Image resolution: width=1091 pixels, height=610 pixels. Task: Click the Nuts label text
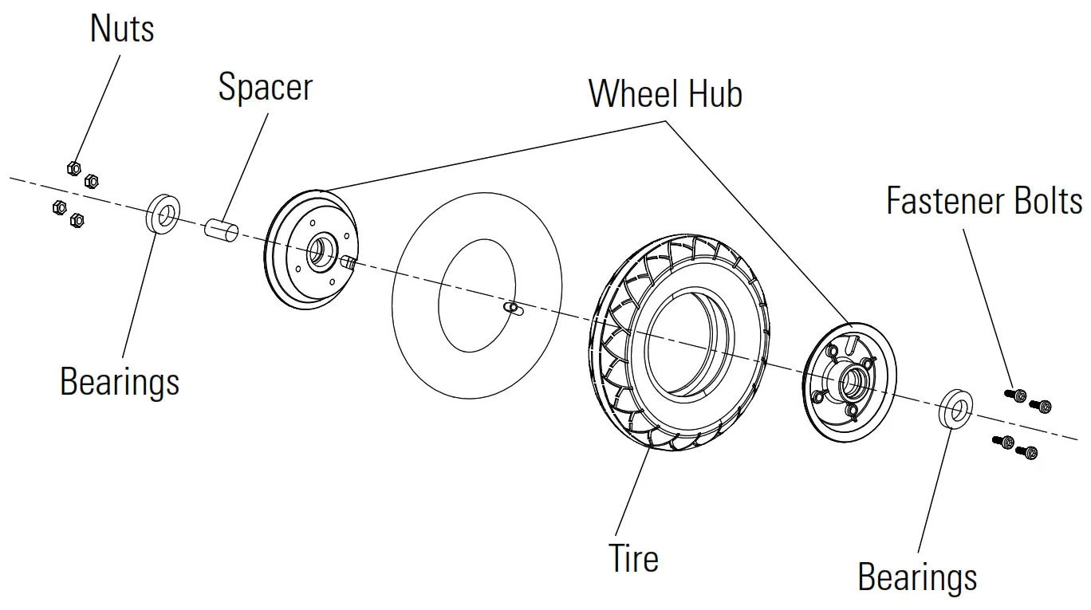click(121, 29)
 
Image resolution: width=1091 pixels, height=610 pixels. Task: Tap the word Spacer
click(265, 86)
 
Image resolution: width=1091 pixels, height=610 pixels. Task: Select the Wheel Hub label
click(665, 93)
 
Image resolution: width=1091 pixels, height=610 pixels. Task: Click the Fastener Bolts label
click(984, 200)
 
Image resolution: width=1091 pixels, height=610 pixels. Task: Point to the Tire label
click(634, 557)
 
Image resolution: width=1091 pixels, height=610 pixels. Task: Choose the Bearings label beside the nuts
click(120, 382)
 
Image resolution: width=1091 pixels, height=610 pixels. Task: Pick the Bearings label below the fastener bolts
click(917, 576)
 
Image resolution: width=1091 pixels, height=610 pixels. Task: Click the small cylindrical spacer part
click(223, 229)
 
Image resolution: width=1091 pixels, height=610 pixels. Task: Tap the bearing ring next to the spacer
click(163, 214)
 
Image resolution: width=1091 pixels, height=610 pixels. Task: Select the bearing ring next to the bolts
click(954, 409)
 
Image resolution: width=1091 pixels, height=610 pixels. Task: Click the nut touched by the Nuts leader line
click(73, 167)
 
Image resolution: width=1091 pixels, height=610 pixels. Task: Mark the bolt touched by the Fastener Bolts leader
click(1018, 395)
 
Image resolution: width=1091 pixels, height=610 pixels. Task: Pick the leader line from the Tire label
click(630, 494)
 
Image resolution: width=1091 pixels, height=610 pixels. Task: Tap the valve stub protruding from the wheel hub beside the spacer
click(348, 261)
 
